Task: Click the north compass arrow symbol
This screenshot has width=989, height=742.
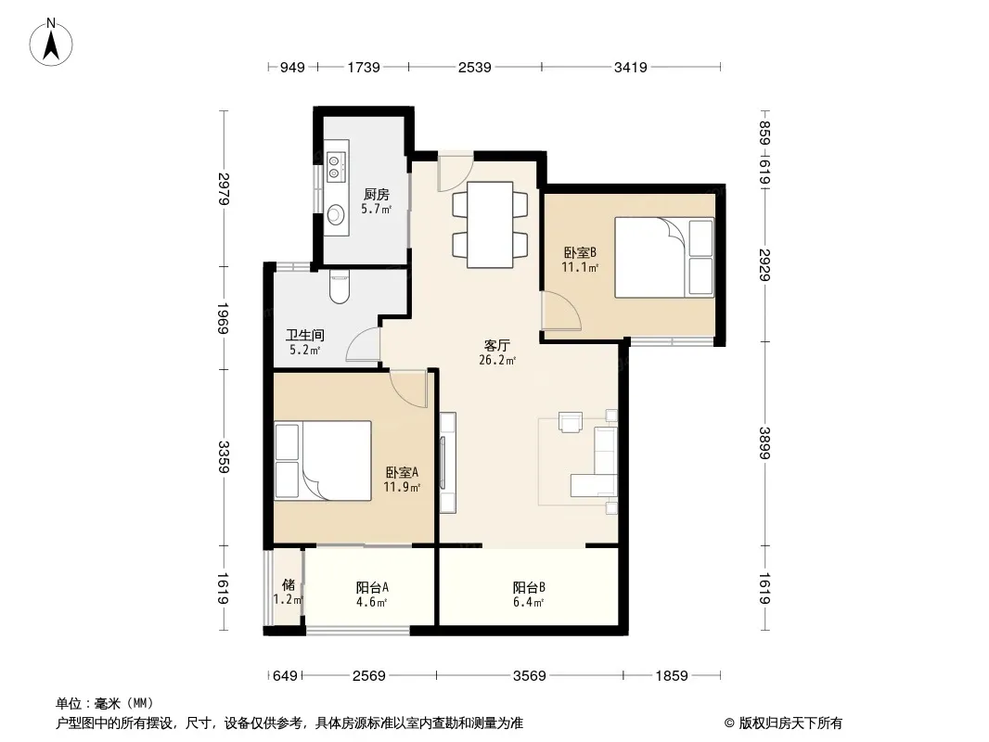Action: click(51, 43)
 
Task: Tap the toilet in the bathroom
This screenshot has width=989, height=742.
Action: click(340, 287)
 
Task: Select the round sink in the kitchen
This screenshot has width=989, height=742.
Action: click(336, 214)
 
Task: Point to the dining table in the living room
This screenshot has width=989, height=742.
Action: click(490, 224)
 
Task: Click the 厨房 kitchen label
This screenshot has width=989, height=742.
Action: click(376, 195)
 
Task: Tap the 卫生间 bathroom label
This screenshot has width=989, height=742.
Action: click(304, 335)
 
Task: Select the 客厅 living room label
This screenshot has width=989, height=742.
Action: click(497, 345)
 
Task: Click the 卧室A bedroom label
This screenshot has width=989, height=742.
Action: click(402, 472)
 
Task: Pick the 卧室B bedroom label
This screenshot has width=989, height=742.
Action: click(580, 253)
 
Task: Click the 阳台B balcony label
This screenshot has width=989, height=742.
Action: click(529, 587)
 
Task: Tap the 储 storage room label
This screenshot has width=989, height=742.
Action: click(289, 584)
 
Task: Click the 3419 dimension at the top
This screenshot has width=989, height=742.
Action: click(631, 67)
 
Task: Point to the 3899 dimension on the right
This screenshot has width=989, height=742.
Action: click(764, 444)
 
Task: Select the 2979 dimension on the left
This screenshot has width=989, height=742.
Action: click(224, 188)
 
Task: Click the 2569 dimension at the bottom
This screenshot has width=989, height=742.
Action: click(369, 676)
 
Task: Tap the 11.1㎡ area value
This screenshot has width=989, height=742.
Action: click(580, 267)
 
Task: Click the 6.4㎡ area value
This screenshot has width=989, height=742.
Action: click(529, 602)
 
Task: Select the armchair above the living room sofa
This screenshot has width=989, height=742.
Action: click(572, 422)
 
